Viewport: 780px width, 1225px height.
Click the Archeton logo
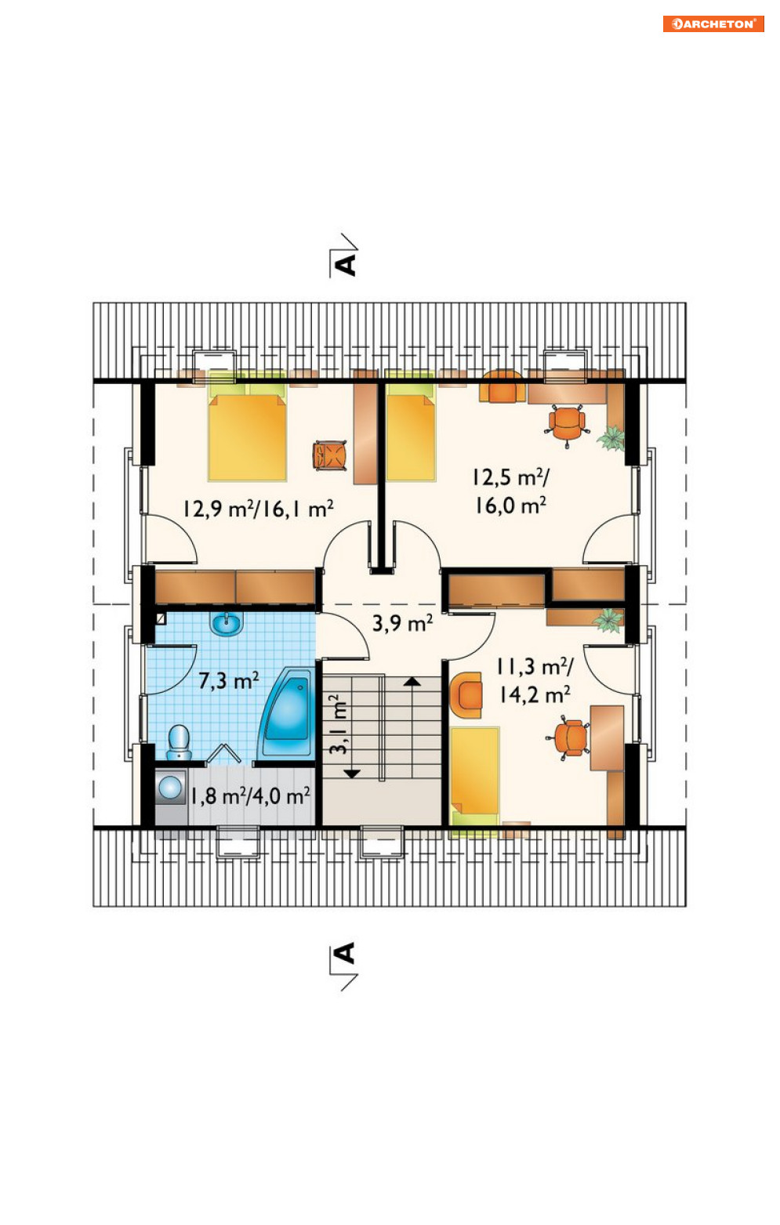[713, 24]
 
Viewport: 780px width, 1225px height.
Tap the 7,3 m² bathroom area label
[229, 681]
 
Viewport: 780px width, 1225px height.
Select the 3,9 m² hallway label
[403, 623]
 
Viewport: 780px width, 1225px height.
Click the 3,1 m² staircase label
[338, 725]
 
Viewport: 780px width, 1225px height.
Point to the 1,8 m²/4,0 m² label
[251, 796]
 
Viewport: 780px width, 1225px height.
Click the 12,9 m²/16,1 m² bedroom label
[258, 509]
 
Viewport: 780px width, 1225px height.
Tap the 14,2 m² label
[535, 694]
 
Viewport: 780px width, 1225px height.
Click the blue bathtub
[287, 712]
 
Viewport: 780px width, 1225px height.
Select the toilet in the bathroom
[179, 743]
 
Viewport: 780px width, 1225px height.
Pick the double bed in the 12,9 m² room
[247, 431]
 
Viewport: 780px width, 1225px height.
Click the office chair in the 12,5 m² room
[568, 425]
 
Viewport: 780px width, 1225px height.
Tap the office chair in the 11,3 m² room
[569, 738]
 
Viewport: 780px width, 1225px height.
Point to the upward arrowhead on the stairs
[412, 681]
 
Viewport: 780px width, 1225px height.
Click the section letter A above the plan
[346, 265]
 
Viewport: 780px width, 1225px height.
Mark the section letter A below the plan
[346, 954]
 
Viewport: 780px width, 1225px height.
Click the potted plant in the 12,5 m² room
[611, 438]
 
